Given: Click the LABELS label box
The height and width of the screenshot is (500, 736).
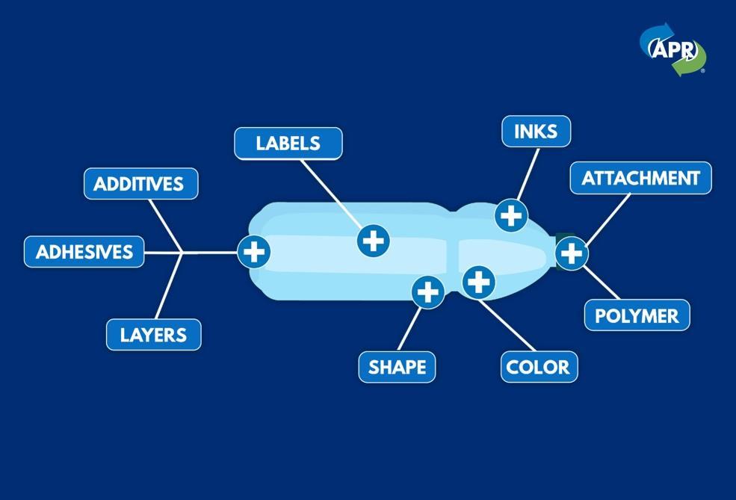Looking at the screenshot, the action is [288, 143].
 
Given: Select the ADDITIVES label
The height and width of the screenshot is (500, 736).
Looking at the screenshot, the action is [140, 184].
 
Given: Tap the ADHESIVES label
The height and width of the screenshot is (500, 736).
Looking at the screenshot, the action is [84, 252].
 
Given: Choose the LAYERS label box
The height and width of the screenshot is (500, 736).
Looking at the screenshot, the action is [153, 335].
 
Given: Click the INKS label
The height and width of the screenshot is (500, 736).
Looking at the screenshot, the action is [536, 132].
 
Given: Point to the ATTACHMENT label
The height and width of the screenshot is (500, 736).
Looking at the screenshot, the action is [640, 179].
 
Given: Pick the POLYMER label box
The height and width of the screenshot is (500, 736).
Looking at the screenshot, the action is [637, 315].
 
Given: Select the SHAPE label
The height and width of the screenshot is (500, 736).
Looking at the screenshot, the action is [397, 367].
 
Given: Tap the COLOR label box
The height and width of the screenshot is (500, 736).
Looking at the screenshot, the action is [538, 367].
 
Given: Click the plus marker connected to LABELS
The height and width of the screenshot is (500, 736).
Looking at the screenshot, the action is [374, 241].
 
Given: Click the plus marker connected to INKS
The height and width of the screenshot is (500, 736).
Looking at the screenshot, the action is [511, 216].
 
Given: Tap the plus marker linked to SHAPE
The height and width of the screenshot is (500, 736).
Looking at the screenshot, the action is [428, 291].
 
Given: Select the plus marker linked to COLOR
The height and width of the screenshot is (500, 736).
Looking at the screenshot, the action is [478, 282].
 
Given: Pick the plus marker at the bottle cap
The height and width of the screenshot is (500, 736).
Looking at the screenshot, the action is [572, 253].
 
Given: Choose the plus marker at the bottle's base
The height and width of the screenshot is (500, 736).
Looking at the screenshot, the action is [254, 252].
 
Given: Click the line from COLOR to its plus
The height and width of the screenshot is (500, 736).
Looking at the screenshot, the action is [508, 325].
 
